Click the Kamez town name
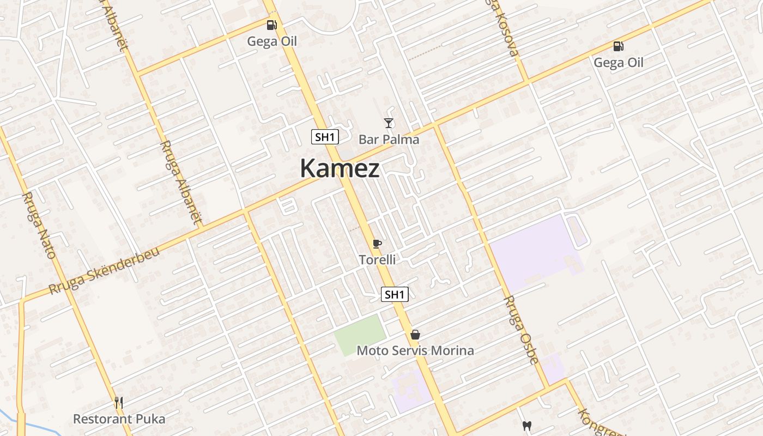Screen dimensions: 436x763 pyautogui.click(x=340, y=168)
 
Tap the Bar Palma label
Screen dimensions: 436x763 pyautogui.click(x=389, y=140)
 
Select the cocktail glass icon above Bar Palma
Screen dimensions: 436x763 pyautogui.click(x=389, y=123)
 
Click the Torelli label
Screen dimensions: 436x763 pyautogui.click(x=377, y=260)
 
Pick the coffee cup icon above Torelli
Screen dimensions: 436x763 pyautogui.click(x=377, y=244)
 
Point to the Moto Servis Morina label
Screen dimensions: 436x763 pyautogui.click(x=415, y=350)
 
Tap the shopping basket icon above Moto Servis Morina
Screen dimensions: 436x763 pyautogui.click(x=415, y=334)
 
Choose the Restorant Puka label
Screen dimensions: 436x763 pyautogui.click(x=119, y=419)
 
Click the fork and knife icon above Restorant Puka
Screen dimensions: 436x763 pyautogui.click(x=119, y=403)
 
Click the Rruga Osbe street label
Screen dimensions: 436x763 pyautogui.click(x=520, y=329)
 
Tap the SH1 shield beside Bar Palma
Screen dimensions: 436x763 pyautogui.click(x=325, y=137)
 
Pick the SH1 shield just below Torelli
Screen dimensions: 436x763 pyautogui.click(x=394, y=295)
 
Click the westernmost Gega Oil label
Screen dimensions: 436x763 pyautogui.click(x=272, y=41)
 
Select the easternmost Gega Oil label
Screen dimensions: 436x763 pyautogui.click(x=618, y=63)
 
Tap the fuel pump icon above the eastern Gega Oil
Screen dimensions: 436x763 pyautogui.click(x=618, y=46)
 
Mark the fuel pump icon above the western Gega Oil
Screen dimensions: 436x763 pyautogui.click(x=271, y=25)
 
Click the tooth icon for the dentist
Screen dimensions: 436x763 pyautogui.click(x=526, y=426)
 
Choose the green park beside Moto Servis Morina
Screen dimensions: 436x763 pyautogui.click(x=360, y=335)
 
